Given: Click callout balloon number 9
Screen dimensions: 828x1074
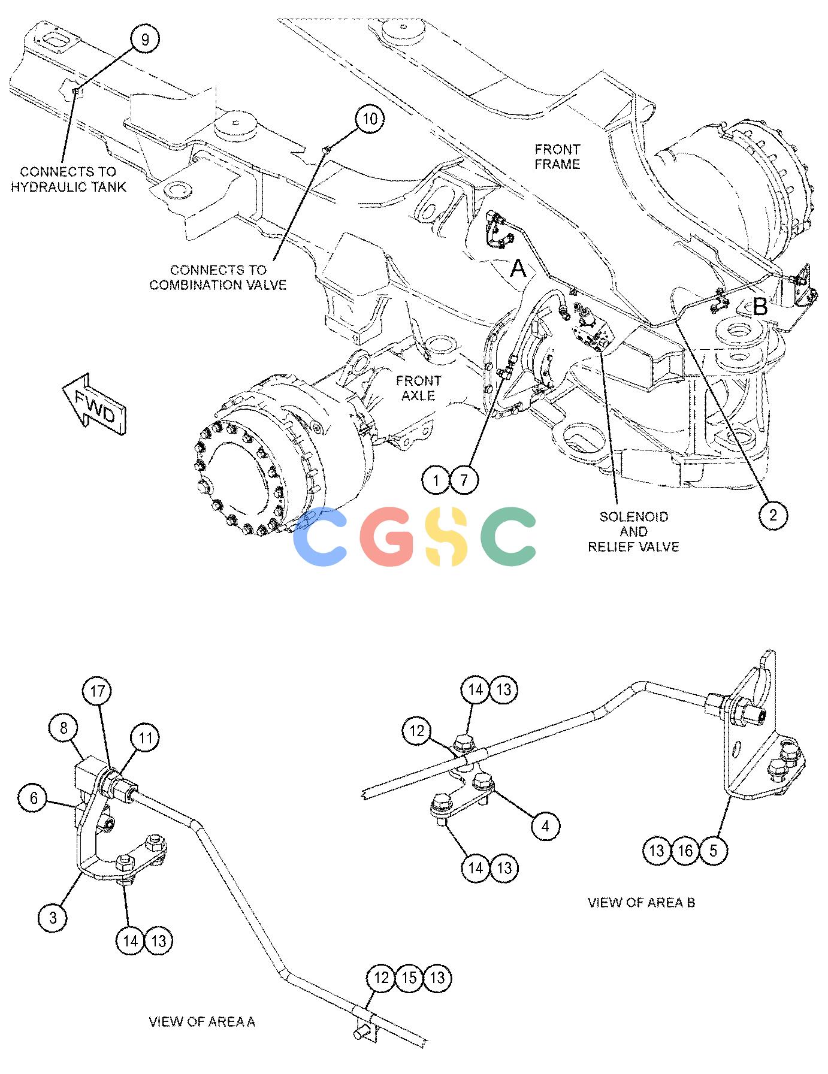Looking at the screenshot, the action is point(145,40).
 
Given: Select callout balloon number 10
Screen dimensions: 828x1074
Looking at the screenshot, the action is point(370,119).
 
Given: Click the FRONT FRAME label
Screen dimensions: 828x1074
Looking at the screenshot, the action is point(557,156).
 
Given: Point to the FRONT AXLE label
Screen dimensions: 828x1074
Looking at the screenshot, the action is point(418,388).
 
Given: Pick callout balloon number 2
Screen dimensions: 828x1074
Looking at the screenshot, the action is point(773,515).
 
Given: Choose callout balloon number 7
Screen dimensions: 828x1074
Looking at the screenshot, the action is point(465,480).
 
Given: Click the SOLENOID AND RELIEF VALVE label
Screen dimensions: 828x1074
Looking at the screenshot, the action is point(633,531).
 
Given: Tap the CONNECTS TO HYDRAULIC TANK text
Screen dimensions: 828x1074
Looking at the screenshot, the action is point(68,179).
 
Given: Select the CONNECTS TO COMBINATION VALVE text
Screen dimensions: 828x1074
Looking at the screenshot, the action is point(218,277).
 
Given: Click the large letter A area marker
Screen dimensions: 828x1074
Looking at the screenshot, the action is point(518,269).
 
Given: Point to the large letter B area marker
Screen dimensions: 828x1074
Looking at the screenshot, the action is point(760,307).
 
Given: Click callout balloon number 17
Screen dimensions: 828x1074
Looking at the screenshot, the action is point(98,691).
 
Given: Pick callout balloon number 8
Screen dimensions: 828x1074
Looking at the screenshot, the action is point(64,728).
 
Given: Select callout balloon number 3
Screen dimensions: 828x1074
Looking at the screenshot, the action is point(53,917).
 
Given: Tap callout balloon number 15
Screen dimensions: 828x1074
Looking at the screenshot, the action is point(409,978).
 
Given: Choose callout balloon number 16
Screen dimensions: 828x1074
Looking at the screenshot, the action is point(685,851).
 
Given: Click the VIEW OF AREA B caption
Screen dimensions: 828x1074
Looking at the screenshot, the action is point(641,902).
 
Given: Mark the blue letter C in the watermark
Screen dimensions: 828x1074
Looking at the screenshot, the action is point(320,537).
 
